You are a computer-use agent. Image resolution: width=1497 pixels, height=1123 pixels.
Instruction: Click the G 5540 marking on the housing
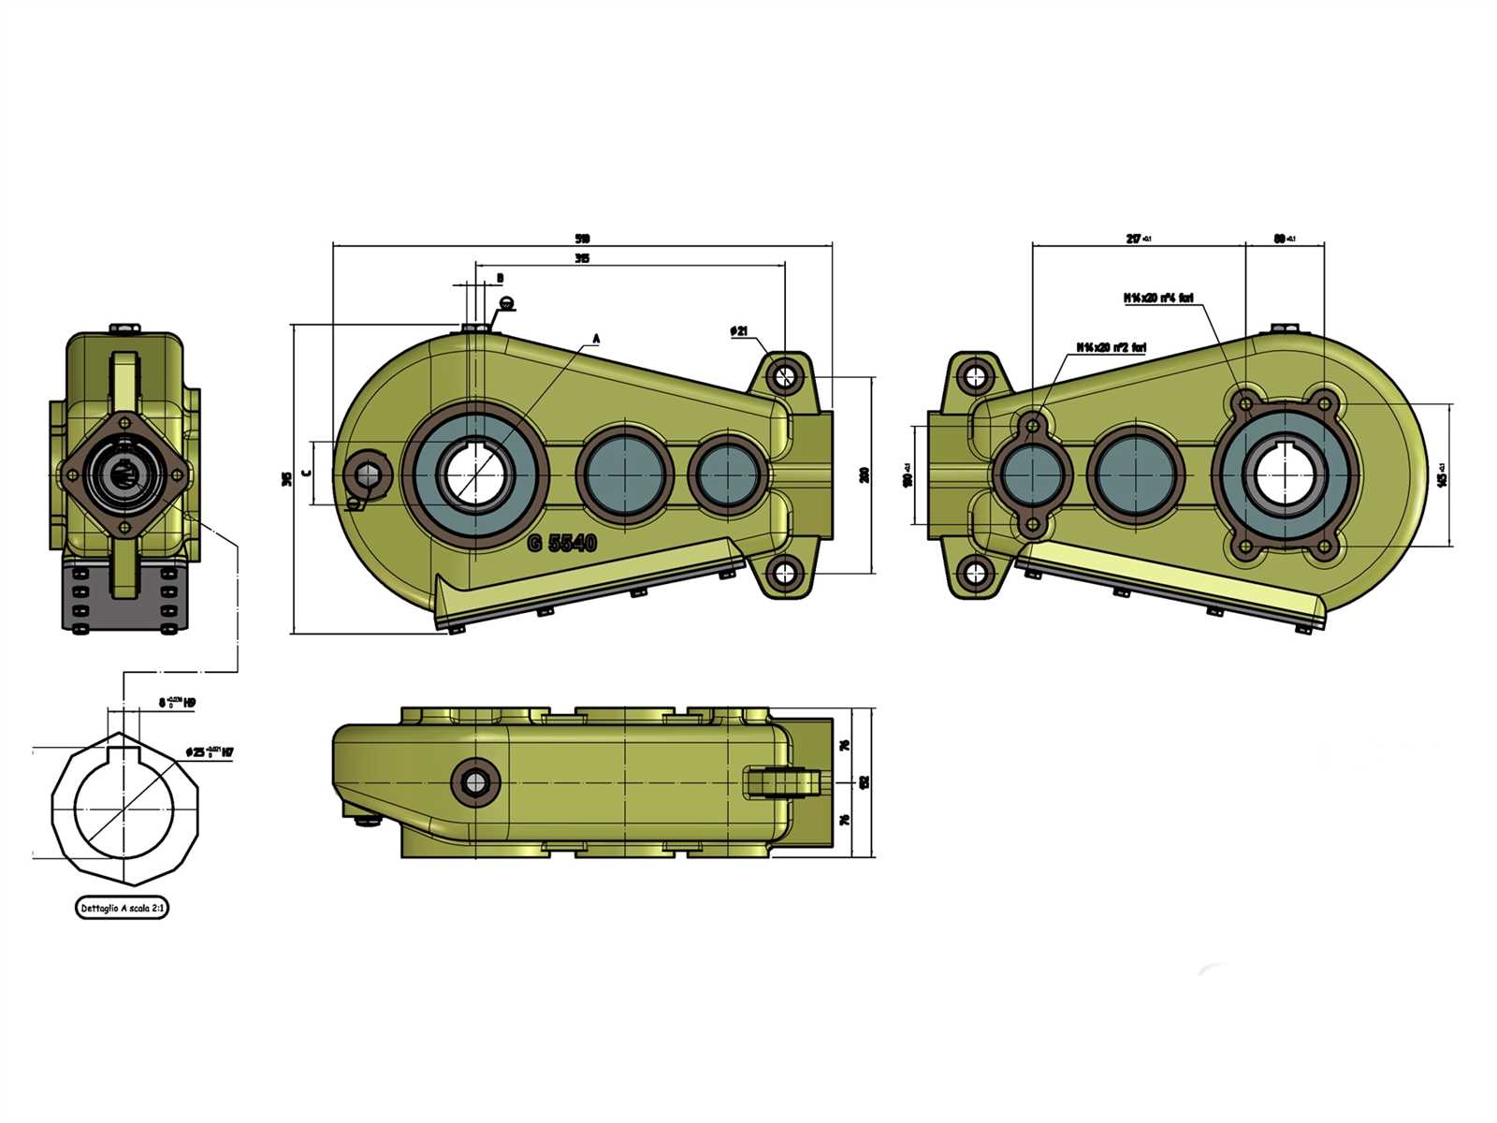coord(562,543)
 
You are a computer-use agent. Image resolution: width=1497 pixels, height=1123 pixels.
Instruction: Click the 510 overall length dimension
coord(584,239)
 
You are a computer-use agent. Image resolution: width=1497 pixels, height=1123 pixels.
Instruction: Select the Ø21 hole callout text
coord(739,331)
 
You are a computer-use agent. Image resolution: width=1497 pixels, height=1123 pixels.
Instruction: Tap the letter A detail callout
coord(596,337)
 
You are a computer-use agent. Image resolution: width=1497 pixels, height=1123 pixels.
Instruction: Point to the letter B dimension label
coord(500,278)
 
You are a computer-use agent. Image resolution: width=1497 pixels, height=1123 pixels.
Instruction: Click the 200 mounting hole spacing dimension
coord(865,474)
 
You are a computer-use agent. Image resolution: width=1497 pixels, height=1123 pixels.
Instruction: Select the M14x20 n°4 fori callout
coord(1158,299)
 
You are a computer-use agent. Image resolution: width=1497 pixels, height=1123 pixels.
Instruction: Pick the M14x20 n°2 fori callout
coord(1111,347)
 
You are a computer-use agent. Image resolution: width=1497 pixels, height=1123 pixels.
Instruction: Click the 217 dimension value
coord(1137,239)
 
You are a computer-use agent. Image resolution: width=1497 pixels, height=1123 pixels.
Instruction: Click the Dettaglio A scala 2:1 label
coord(123,908)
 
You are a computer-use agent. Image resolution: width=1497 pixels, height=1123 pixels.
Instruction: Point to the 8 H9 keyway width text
coord(177,701)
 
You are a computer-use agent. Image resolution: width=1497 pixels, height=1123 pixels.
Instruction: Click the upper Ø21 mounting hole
coord(784,376)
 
